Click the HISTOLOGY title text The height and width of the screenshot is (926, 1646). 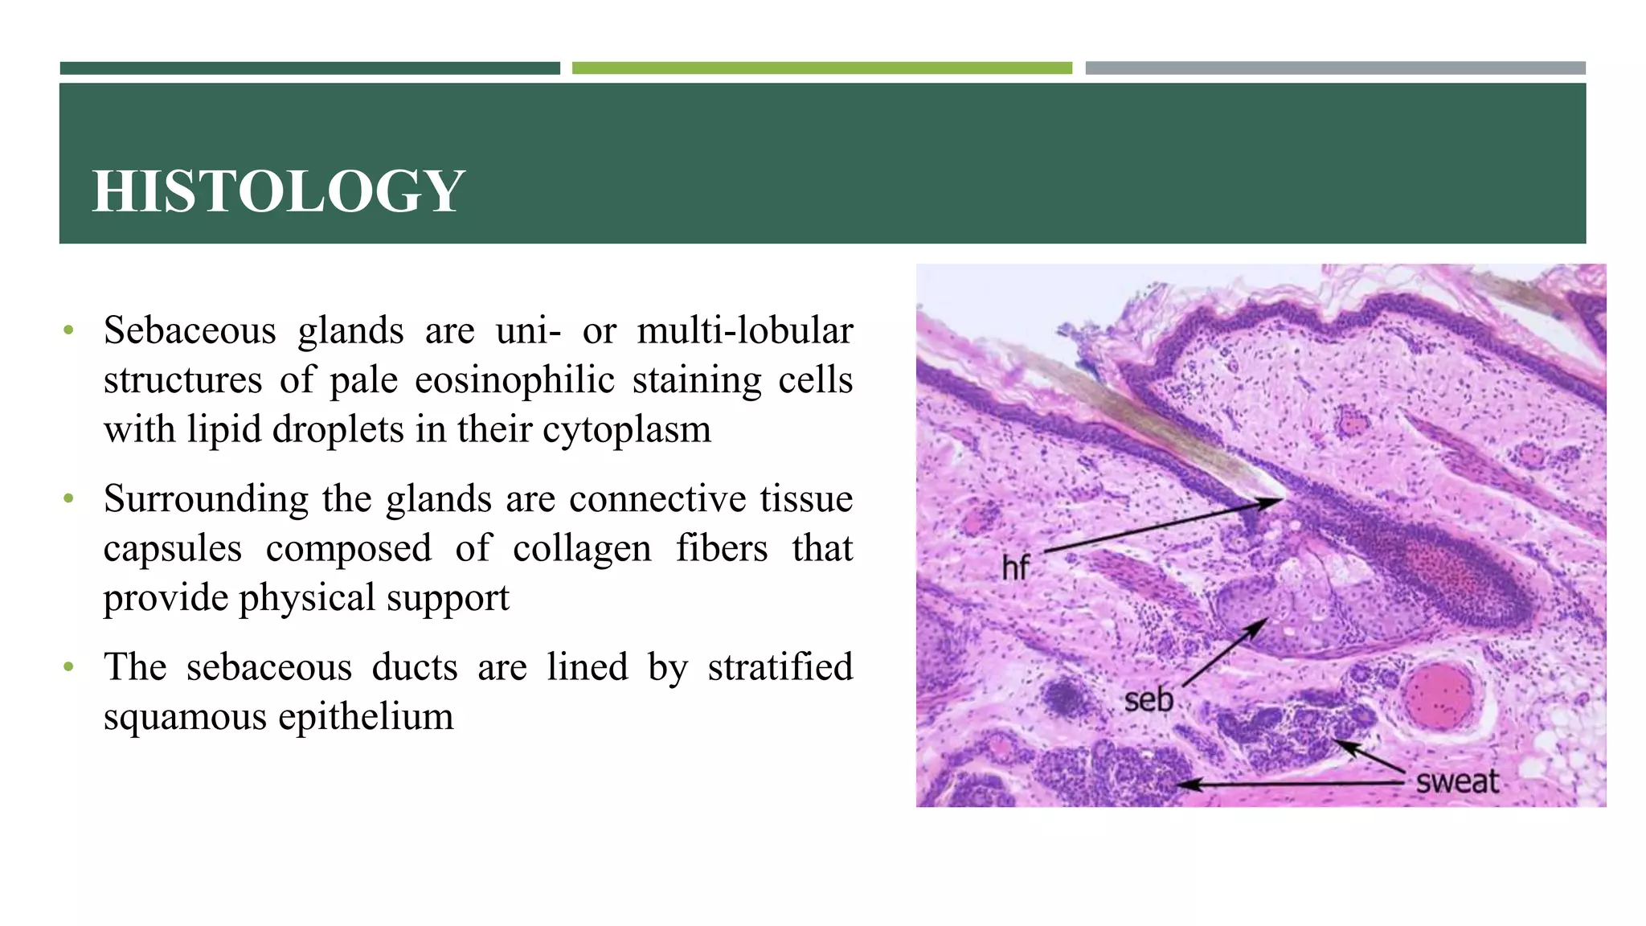click(x=278, y=191)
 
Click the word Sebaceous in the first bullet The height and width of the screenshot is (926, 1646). click(x=190, y=331)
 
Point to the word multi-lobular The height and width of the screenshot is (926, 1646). click(x=744, y=331)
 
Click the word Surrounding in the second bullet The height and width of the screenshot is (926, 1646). click(x=206, y=499)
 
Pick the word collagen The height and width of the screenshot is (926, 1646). click(x=582, y=549)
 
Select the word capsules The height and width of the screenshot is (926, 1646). click(x=172, y=549)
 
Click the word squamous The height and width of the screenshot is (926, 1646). click(x=184, y=717)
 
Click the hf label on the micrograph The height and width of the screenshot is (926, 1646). click(x=1015, y=568)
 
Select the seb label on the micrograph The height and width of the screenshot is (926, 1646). click(x=1149, y=699)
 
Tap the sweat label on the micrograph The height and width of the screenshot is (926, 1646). click(x=1457, y=781)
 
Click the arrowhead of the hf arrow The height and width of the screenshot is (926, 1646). click(x=1277, y=502)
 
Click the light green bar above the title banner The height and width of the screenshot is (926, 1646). click(x=821, y=68)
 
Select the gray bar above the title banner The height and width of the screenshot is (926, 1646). click(x=1335, y=68)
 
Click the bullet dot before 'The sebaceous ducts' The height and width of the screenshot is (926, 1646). click(x=69, y=667)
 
